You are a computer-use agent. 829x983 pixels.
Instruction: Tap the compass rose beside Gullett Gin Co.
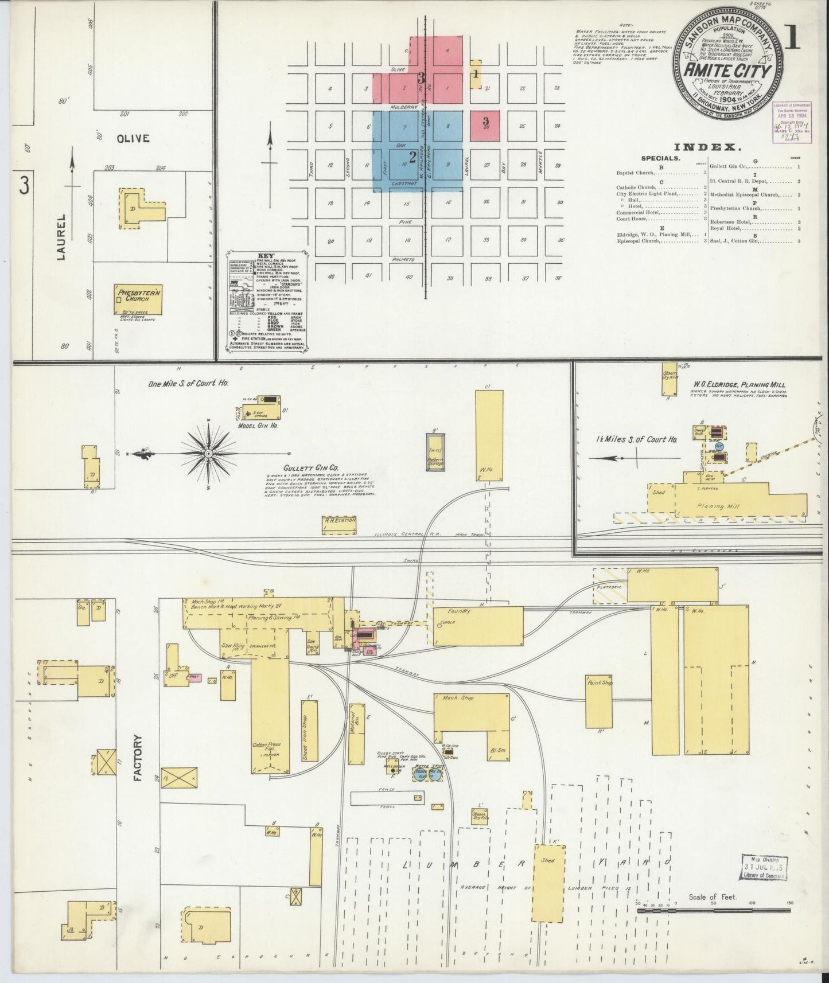tap(208, 454)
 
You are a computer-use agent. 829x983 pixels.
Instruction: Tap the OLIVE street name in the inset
tap(133, 138)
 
